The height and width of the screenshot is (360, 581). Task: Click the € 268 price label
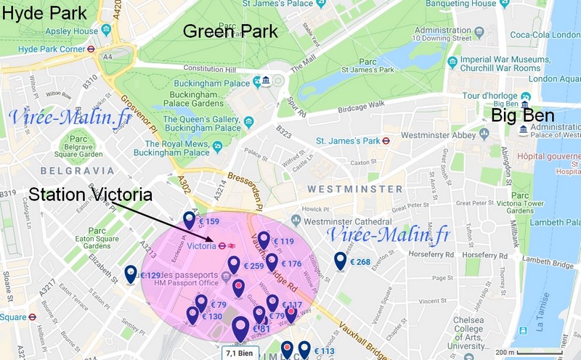tap(359, 262)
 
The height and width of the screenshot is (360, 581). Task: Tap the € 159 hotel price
tap(208, 221)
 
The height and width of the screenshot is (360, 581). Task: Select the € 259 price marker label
tap(253, 266)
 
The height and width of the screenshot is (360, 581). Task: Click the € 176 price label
tap(290, 263)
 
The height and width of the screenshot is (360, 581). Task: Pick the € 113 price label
tap(324, 352)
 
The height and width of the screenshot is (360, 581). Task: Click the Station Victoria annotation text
tap(90, 195)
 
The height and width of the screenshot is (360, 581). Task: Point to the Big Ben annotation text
tap(523, 116)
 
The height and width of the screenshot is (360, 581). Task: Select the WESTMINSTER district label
tap(354, 189)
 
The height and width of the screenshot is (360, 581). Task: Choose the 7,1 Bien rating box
tap(240, 353)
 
